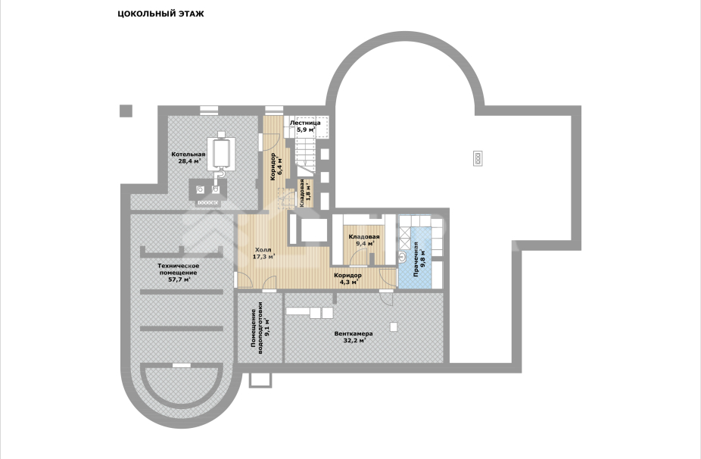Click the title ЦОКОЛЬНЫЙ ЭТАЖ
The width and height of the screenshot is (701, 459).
(160, 14)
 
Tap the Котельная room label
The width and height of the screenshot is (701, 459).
(188, 155)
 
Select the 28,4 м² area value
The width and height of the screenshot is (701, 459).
(188, 161)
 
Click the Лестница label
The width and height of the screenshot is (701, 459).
(305, 123)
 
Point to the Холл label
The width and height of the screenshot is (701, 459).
(263, 249)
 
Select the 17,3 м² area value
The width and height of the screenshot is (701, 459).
(263, 257)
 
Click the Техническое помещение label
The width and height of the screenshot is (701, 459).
(178, 269)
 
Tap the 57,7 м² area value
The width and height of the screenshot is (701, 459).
(178, 279)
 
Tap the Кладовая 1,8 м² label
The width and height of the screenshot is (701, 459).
(303, 193)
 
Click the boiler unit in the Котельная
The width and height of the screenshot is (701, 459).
(222, 151)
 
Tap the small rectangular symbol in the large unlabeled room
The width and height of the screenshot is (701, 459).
(478, 157)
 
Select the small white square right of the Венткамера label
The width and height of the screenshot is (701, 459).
(393, 326)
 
